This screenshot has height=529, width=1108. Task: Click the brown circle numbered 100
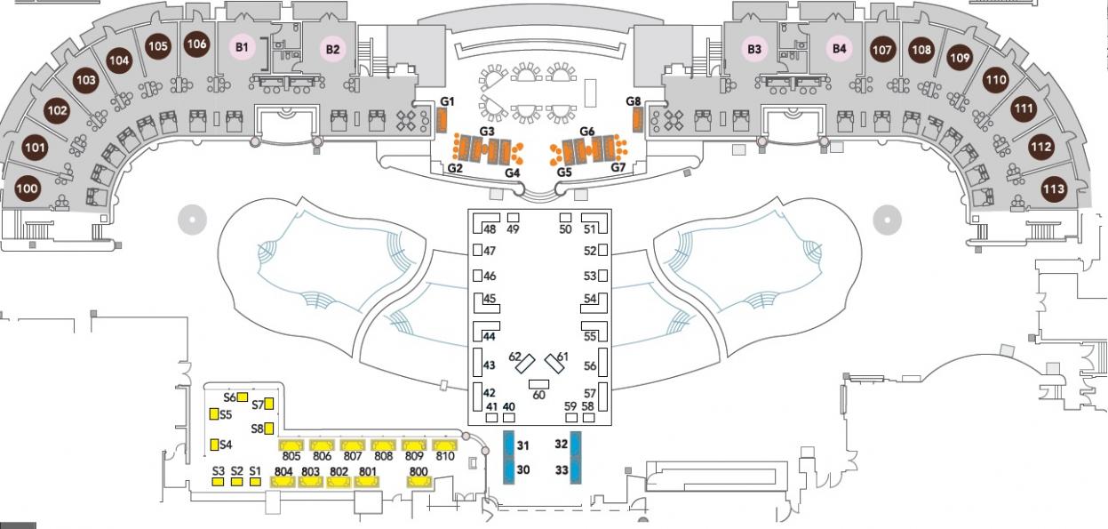[x=28, y=188]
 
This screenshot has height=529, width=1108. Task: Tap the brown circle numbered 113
[x=1054, y=189]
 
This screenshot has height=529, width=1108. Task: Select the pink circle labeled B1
[x=242, y=47]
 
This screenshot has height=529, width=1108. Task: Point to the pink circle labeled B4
[x=840, y=49]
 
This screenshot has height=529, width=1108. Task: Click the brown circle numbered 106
[x=196, y=44]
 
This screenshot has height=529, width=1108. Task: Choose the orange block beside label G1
[x=442, y=120]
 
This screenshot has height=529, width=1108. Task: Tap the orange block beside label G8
[x=637, y=120]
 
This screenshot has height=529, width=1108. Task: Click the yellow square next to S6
[x=243, y=397]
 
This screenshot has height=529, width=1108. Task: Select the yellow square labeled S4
[x=214, y=445]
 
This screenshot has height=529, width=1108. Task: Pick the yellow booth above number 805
[x=291, y=445]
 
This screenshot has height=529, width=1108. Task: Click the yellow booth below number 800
[x=419, y=482]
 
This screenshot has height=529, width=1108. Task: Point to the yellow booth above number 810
[x=444, y=445]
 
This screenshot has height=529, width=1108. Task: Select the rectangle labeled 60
[x=538, y=384]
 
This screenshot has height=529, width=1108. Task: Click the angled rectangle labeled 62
[x=525, y=365]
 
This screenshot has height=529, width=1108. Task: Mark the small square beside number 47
[x=477, y=250]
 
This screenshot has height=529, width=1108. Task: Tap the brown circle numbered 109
[x=960, y=58]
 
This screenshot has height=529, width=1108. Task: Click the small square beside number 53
[x=602, y=276]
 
